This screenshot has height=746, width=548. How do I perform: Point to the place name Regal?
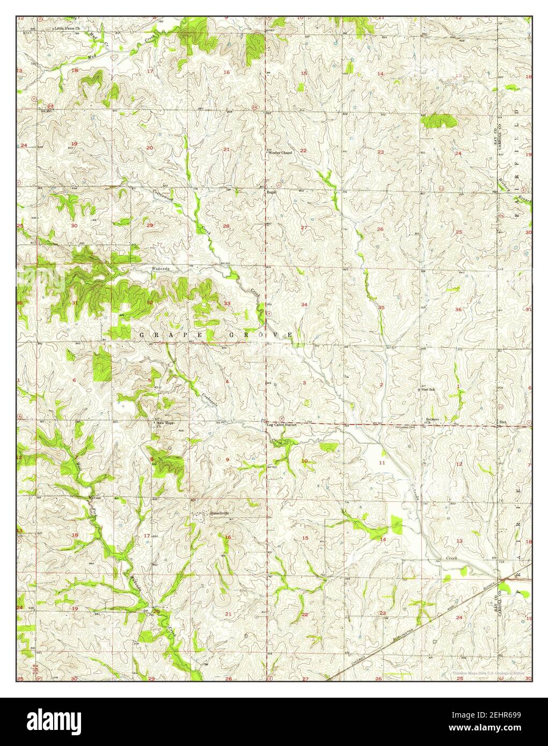tap(272, 191)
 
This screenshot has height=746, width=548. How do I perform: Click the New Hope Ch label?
tap(166, 424)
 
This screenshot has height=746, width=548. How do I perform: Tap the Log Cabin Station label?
tap(282, 425)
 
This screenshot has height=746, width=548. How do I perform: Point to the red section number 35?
tap(381, 308)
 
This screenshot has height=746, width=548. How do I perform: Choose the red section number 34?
tap(304, 305)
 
